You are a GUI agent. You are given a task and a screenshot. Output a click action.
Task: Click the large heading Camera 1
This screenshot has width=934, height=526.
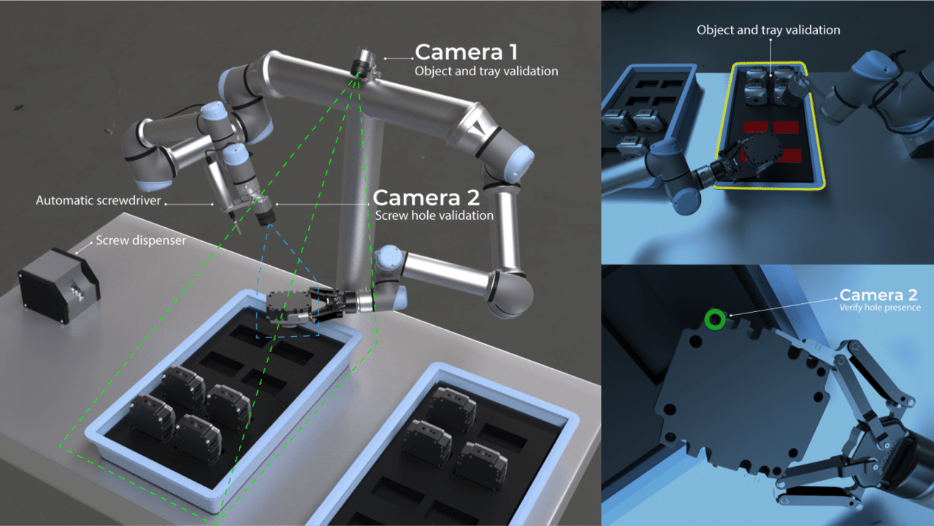click(x=466, y=52)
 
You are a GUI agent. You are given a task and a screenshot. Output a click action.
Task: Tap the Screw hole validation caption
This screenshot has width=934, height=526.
click(x=434, y=216)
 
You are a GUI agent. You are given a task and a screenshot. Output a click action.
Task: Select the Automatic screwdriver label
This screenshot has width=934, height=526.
click(x=98, y=201)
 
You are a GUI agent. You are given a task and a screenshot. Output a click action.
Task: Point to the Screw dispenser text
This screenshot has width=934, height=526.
click(x=141, y=240)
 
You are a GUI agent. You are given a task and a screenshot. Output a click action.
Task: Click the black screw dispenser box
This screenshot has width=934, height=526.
click(x=58, y=285)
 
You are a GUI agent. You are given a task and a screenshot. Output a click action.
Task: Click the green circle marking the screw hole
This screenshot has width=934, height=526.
click(x=715, y=320)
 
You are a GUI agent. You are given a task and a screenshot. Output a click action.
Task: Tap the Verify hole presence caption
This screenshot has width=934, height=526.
click(x=880, y=308)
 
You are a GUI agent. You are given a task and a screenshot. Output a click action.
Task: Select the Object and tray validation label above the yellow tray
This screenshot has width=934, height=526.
click(x=768, y=30)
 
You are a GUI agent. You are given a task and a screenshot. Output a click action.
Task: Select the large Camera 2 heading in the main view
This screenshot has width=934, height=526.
click(x=426, y=198)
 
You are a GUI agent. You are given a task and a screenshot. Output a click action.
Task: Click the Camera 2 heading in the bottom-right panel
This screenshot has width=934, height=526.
click(x=879, y=295)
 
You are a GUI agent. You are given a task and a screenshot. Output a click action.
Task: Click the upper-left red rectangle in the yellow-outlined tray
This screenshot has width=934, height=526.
click(x=756, y=127)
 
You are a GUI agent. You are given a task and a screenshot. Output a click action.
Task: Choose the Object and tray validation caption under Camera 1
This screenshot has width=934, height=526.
click(x=486, y=72)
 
